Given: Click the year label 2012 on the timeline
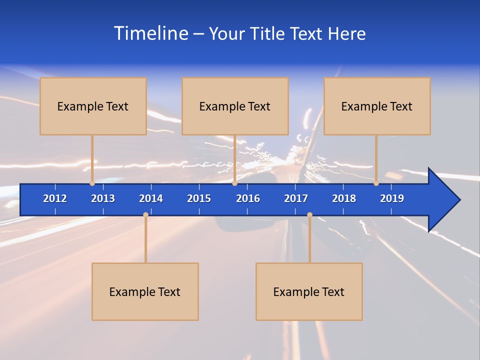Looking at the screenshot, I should tap(55, 198).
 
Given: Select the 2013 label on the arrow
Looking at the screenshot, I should tap(103, 198).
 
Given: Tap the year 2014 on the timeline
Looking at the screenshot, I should tap(151, 198).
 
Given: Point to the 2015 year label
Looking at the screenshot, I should tap(199, 198).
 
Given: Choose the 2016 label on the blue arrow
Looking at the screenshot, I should tap(248, 198).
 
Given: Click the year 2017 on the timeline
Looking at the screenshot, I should tap(296, 198).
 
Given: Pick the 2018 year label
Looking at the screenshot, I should tap(344, 198).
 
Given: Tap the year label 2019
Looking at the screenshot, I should tap(392, 198).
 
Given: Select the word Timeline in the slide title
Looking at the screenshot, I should tap(151, 33).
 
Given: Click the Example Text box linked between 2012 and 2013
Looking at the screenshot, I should tap(93, 106).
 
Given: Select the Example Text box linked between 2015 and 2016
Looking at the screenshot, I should tap(235, 106).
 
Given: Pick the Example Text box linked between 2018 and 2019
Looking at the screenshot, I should tap(377, 106).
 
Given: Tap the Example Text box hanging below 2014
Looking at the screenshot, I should tap(145, 291).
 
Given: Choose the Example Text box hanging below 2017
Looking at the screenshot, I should tap(309, 291).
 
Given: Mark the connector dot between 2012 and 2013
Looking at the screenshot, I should tap(92, 183).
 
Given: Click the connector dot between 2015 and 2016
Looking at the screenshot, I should tap(234, 183).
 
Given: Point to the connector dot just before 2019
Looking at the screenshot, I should tap(376, 183).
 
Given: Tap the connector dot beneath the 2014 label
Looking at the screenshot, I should tap(145, 215).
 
